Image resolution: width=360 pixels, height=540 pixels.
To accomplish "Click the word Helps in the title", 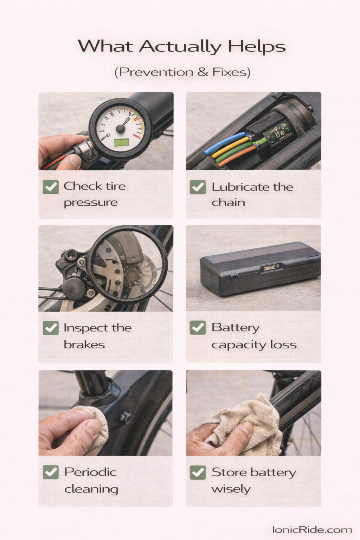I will coord(257,47).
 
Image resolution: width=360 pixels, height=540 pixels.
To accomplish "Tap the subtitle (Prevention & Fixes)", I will coord(182,72).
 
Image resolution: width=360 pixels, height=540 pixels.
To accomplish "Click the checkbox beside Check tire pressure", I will coord(51,187).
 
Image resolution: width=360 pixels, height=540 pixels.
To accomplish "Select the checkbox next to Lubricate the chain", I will coord(198,187).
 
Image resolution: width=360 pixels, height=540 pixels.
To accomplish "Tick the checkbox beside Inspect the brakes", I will coord(51,328).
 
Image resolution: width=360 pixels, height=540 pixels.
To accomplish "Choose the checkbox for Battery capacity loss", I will coord(198,328).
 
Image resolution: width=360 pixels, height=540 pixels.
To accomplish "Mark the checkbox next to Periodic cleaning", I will coord(51,472).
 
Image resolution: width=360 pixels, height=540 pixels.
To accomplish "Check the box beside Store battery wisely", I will coord(198,472).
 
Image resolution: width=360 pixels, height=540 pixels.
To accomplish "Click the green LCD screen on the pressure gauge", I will coord(121,143).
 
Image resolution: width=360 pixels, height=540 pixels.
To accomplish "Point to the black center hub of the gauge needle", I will coord(121,129).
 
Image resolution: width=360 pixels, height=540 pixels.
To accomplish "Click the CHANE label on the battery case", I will coord(270,268).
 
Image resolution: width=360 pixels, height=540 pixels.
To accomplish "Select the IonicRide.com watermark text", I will coord(312,530).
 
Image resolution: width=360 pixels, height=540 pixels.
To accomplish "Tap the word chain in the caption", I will coord(228,202).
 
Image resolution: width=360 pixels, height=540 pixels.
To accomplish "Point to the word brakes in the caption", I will coord(84,345).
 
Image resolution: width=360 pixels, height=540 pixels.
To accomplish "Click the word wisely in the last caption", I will coord(231,489).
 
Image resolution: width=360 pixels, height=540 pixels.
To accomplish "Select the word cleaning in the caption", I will coord(91,489).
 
